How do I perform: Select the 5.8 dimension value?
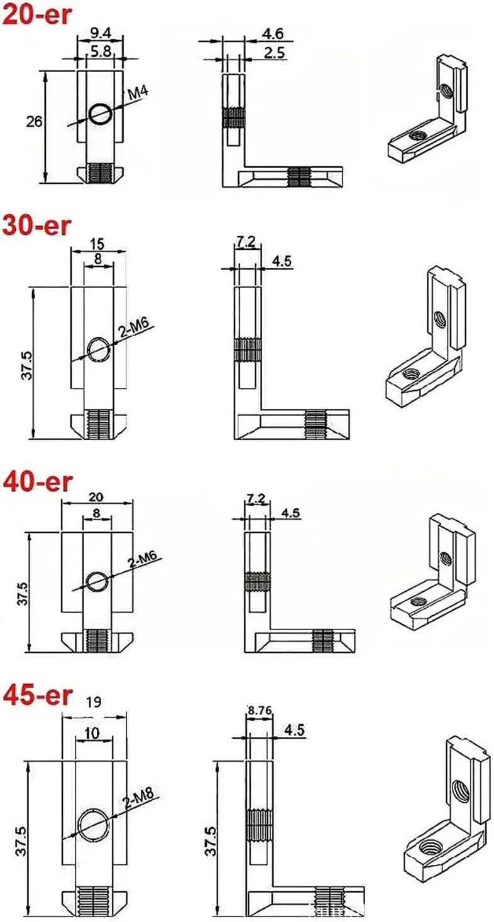point(101,54)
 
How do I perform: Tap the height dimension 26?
point(35,122)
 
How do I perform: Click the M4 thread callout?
point(141,94)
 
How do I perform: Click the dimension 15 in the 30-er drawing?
point(97,242)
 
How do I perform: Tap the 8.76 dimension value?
point(260,710)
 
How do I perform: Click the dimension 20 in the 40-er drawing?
point(97,496)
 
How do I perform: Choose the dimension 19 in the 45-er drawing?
point(92,700)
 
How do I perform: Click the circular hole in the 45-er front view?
point(93,824)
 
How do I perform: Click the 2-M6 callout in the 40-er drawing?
point(145,561)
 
